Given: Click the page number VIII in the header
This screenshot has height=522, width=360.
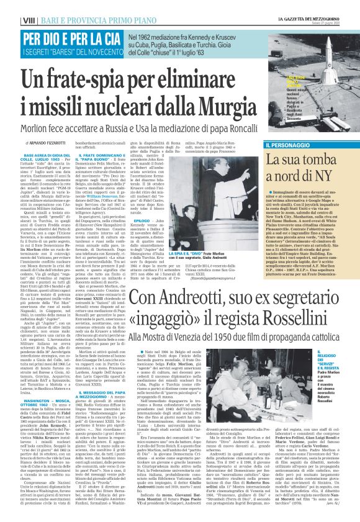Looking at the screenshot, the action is [11, 6].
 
